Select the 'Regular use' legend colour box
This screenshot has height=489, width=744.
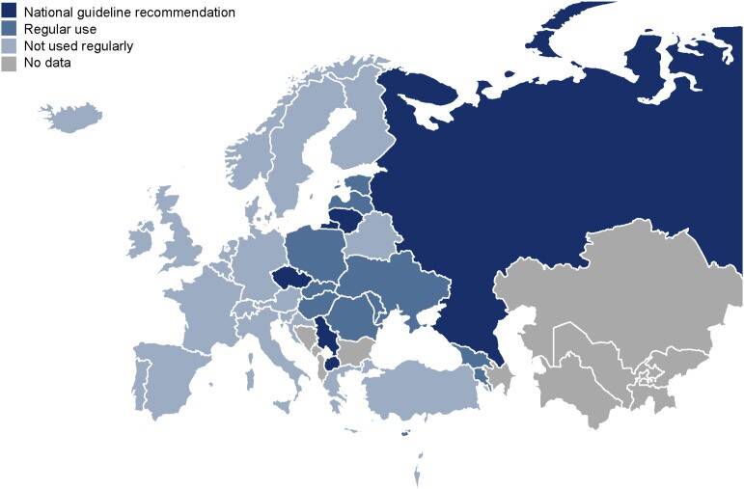[9, 30]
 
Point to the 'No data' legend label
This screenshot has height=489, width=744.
[49, 63]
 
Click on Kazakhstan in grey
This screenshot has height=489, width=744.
[608, 289]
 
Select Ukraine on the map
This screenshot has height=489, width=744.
[396, 280]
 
